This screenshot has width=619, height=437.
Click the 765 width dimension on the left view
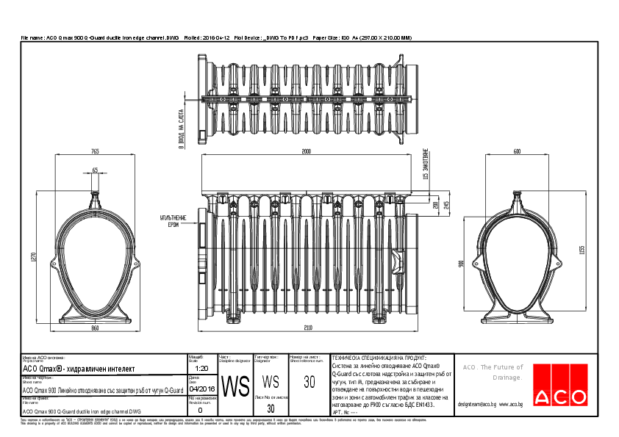point(95,151)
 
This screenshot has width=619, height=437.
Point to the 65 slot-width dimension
point(95,170)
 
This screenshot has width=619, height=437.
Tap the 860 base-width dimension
point(95,328)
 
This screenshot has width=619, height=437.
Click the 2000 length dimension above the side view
point(307,151)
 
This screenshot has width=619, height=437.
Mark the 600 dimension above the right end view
point(517,151)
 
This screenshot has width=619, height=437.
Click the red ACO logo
point(560,384)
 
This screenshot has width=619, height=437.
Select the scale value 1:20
point(203,369)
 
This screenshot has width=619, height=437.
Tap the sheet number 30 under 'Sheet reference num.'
point(309,381)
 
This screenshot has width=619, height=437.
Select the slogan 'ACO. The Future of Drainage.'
point(493,372)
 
